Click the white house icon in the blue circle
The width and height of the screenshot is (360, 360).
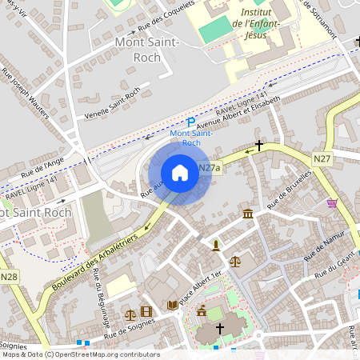coord(180,173)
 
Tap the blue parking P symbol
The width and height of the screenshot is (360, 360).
coord(190,122)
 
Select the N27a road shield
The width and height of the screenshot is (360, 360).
coord(208,168)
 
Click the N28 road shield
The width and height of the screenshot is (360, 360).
coord(9,277)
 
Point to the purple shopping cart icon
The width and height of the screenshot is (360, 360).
coord(331,203)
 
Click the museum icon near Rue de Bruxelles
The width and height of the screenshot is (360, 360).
coord(248,214)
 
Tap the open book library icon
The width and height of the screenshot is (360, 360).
coord(173,305)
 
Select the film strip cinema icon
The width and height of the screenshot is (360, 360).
coord(146,311)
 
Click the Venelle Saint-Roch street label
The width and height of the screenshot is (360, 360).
coord(113,104)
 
